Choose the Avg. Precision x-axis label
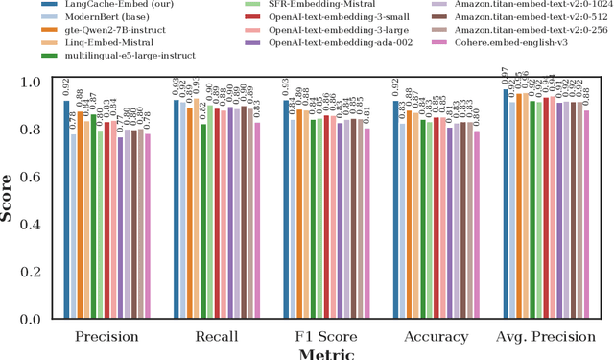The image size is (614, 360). click(546, 337)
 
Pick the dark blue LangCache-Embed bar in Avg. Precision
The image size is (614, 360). click(506, 204)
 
